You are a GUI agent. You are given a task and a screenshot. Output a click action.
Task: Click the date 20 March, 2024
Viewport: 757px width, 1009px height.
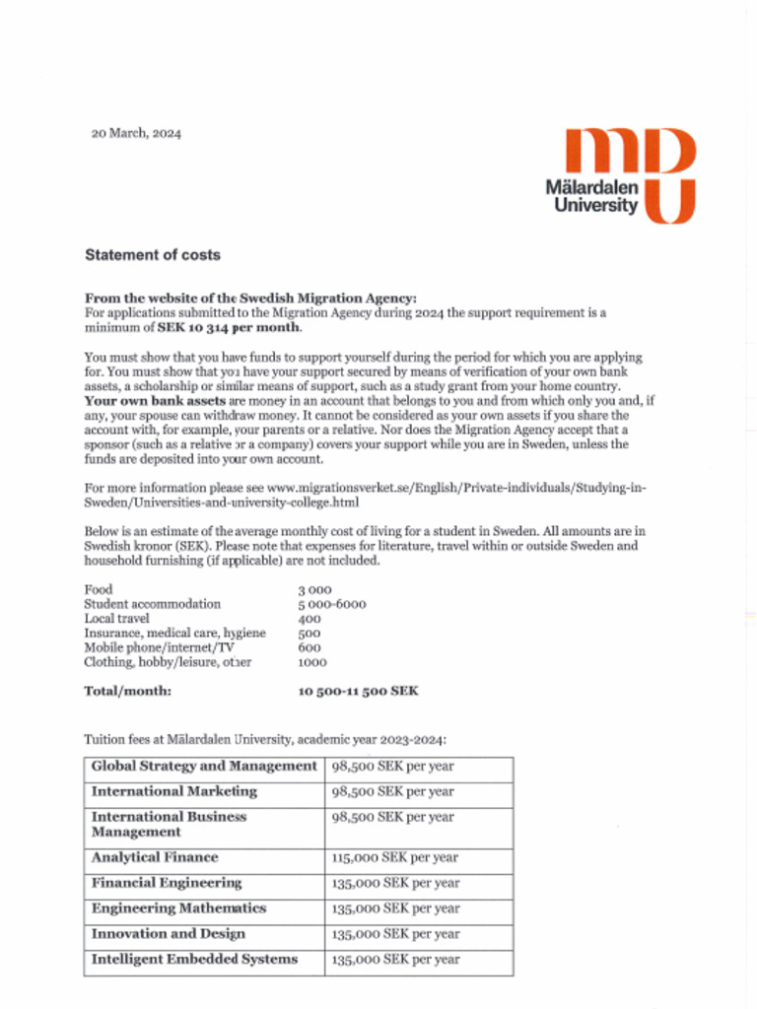pos(136,134)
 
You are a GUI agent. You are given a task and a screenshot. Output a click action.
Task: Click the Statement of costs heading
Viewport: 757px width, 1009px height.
pos(153,255)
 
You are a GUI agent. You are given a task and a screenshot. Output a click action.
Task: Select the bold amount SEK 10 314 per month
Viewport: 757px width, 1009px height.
pos(229,327)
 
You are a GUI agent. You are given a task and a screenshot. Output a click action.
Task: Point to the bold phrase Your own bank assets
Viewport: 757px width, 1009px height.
pos(155,402)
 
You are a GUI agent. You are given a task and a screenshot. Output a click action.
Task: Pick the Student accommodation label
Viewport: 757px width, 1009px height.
pos(153,604)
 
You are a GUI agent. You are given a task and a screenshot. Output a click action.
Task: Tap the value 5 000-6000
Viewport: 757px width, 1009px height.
pos(331,604)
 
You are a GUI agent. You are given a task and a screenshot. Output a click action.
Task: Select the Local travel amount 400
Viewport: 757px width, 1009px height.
pos(310,619)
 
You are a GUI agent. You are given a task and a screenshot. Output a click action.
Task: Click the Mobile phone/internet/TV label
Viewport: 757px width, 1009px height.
pos(158,648)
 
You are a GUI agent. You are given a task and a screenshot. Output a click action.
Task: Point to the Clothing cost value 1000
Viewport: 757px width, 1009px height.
pos(312,663)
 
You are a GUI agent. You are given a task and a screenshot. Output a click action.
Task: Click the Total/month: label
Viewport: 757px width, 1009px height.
pos(128,692)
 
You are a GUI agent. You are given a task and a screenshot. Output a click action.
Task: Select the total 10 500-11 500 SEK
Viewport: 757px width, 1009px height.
pos(358,692)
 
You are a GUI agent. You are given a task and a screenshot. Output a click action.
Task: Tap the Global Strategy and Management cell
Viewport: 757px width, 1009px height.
pos(204,767)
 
